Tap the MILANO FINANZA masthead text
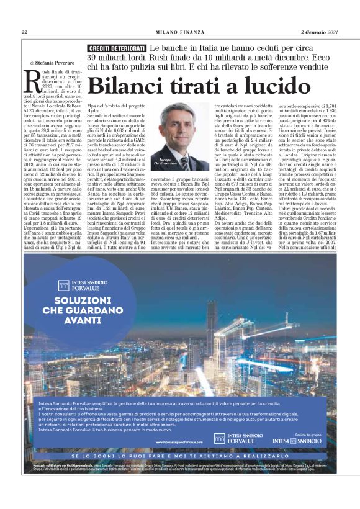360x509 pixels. (x=179, y=32)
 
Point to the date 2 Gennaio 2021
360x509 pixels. (x=320, y=32)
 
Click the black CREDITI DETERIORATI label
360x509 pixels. (x=117, y=48)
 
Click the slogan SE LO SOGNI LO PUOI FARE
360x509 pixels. (x=127, y=456)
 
